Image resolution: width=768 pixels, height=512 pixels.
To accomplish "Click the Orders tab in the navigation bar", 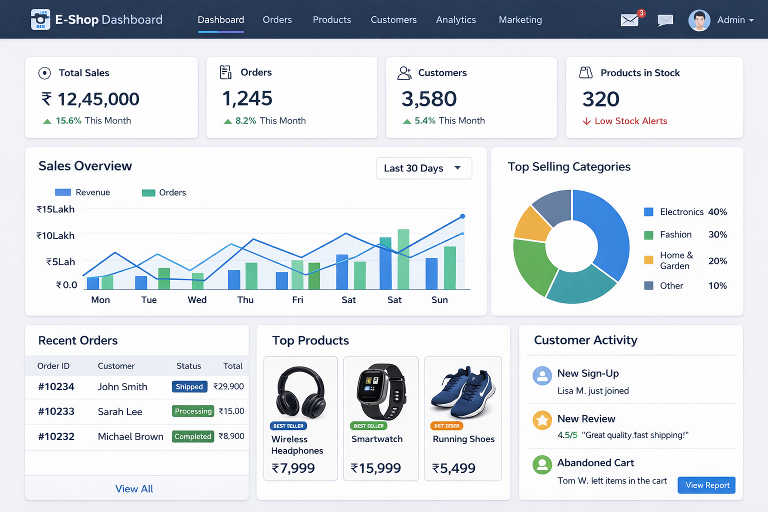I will (x=277, y=20).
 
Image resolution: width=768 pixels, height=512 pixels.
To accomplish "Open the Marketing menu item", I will (x=520, y=20).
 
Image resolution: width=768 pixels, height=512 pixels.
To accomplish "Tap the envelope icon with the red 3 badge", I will (x=630, y=20).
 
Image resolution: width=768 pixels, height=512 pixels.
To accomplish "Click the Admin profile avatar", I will (x=699, y=20).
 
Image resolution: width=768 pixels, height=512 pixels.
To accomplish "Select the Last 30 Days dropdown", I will (x=423, y=168).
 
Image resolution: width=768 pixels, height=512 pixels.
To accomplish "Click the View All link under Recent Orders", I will (x=134, y=489).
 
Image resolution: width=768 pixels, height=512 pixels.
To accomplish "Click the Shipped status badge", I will (x=189, y=386).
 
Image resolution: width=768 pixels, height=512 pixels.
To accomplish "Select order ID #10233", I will (x=56, y=411).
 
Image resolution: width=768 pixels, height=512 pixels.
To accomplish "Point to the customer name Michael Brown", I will (x=130, y=436).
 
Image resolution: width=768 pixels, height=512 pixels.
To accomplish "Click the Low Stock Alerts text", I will (x=630, y=121).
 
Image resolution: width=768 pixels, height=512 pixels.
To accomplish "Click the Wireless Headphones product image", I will (x=300, y=392).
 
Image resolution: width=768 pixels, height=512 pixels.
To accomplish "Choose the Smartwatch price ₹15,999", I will (x=376, y=468).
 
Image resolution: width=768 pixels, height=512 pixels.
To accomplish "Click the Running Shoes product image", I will (x=462, y=392).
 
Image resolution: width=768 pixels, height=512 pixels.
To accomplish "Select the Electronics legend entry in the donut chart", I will (x=681, y=212).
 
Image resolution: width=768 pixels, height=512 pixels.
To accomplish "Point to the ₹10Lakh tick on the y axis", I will (x=55, y=235).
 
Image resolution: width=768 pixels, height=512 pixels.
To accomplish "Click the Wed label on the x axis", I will (x=197, y=300).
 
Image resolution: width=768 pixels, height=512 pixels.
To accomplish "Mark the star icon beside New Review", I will (x=542, y=420).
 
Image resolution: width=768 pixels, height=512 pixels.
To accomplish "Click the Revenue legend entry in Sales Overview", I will (x=83, y=192).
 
